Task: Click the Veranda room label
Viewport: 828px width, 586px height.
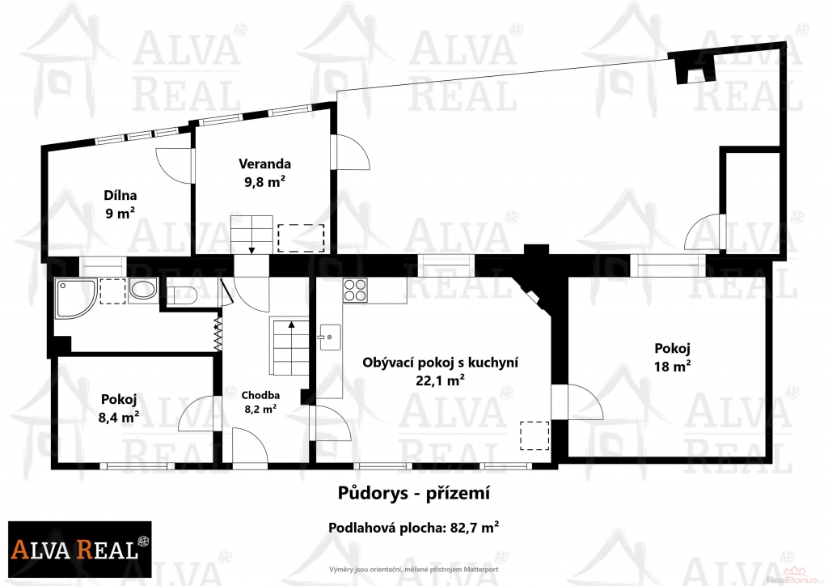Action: point(264,163)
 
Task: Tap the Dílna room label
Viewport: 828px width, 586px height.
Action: point(120,195)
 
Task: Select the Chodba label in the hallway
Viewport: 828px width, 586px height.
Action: point(260,395)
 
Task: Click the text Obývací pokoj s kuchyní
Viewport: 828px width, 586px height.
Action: point(440,363)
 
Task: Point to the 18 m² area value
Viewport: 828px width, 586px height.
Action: point(673,366)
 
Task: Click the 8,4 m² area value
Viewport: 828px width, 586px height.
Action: point(119,417)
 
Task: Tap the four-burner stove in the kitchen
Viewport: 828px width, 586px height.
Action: point(355,290)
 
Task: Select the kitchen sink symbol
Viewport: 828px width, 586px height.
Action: point(330,338)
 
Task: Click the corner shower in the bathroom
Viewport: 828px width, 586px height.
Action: point(75,299)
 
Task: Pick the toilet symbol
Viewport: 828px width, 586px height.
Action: point(182,294)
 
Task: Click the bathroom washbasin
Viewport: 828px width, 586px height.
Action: point(142,290)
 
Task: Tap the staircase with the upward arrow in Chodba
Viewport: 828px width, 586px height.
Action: point(289,346)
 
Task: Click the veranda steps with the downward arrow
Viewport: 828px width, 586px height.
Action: point(251,234)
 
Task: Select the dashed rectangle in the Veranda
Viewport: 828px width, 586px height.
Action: point(301,238)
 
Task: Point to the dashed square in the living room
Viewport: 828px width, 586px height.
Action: point(535,435)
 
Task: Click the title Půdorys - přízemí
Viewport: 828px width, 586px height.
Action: point(414,494)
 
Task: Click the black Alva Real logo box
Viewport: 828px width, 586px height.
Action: point(80,549)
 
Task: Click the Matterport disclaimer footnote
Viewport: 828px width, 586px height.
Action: point(413,570)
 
